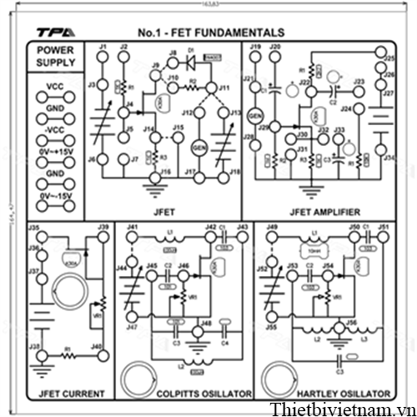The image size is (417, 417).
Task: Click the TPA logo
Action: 54,33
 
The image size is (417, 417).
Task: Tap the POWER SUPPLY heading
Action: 55,57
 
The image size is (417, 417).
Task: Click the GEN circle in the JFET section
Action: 198,145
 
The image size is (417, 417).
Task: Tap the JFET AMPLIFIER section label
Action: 321,212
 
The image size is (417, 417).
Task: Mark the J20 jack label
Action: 275,46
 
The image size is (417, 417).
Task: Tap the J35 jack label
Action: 34,228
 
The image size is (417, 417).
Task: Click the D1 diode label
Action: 191,52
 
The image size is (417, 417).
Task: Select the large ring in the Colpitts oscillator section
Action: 138,376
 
